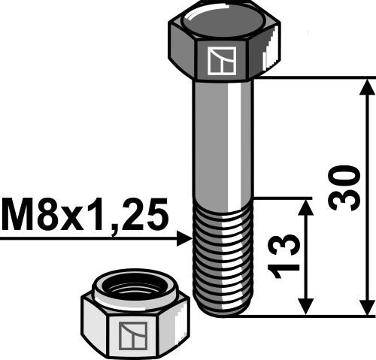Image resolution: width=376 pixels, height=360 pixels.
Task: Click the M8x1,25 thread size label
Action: coord(84,216)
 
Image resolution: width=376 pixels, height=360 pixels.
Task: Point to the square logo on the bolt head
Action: coord(223,61)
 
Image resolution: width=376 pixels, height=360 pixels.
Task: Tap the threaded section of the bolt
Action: coord(223,256)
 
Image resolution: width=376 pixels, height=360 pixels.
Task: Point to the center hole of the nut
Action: coord(134,288)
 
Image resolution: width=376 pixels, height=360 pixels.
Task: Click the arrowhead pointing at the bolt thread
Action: coord(186,239)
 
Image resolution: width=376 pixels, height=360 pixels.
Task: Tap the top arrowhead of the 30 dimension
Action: coord(366,85)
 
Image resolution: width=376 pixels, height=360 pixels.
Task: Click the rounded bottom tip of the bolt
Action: coord(223,311)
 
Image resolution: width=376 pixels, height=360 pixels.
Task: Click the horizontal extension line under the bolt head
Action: coord(316,77)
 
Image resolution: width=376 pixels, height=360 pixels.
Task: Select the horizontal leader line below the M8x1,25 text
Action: coord(90,239)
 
